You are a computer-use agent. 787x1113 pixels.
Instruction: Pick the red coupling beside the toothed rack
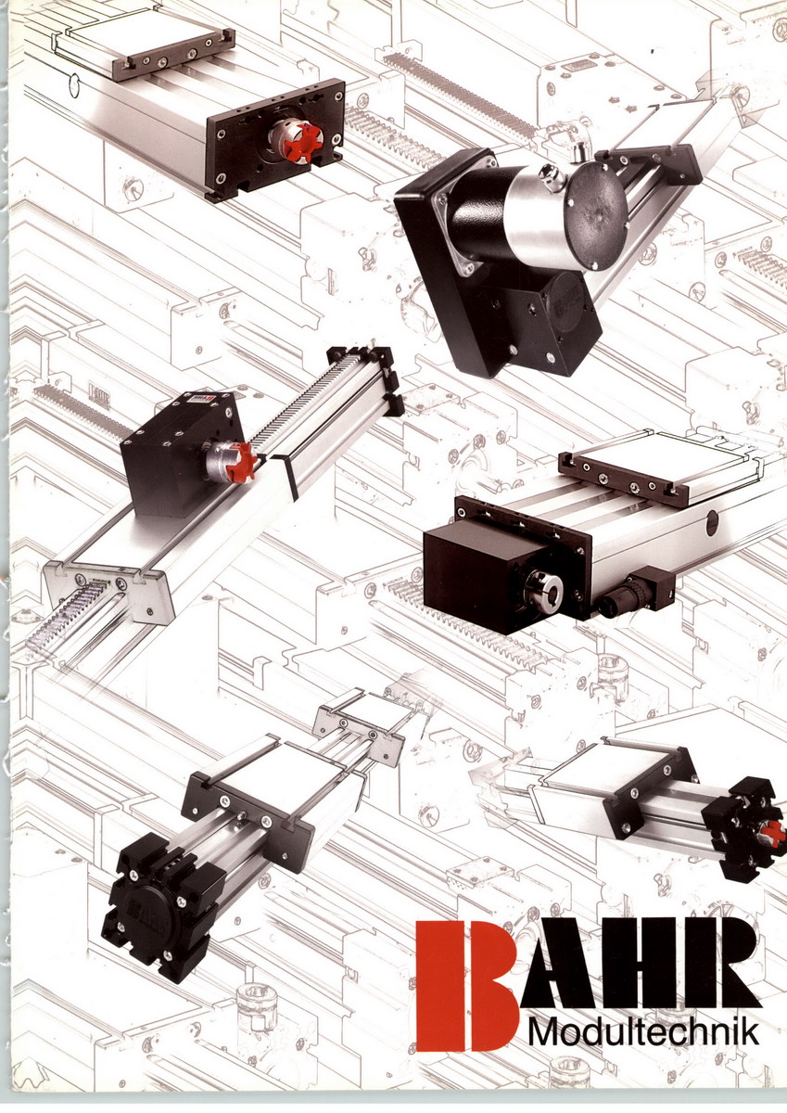[x=245, y=458]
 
